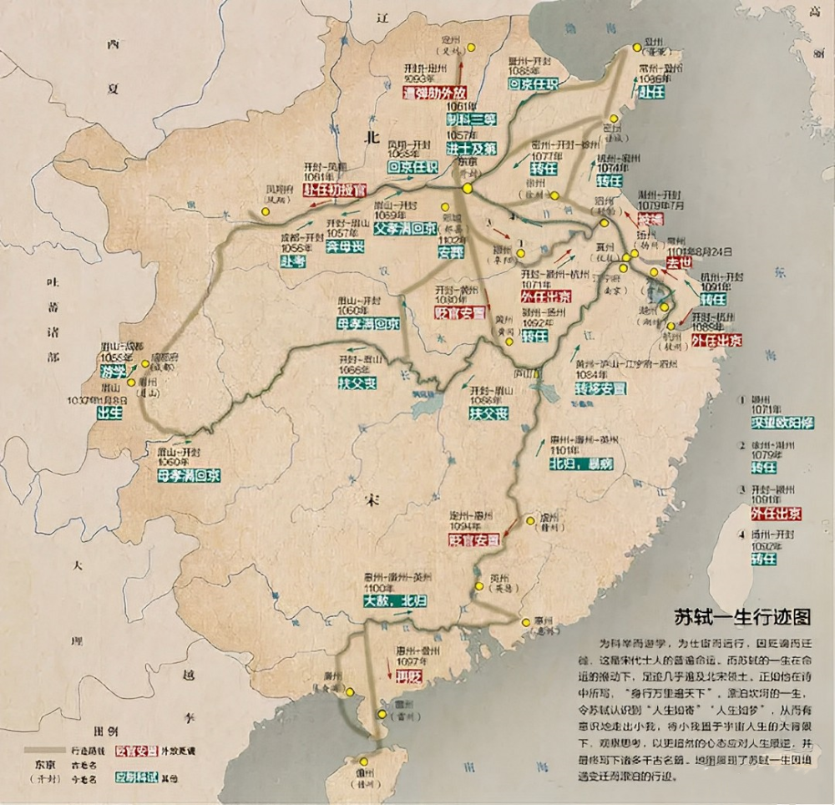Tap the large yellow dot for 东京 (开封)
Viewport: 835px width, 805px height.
click(468, 190)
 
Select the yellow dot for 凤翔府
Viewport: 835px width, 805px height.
click(265, 212)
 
